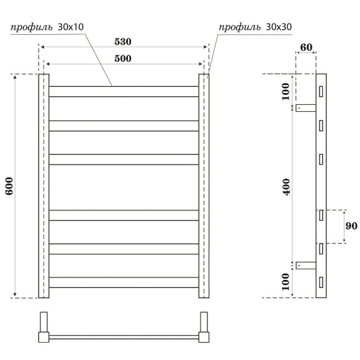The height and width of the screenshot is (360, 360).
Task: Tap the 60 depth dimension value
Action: click(305, 47)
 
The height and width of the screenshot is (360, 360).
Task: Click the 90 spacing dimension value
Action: click(351, 227)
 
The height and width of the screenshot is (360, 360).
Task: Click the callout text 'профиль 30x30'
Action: click(255, 27)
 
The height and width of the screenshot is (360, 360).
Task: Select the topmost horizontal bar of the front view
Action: click(124, 91)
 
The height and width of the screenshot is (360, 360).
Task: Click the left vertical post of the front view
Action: click(44, 186)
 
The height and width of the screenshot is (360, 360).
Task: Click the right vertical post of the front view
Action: click(204, 186)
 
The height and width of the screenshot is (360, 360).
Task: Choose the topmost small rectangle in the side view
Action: click(322, 91)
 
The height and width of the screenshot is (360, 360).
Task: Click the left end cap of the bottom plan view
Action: click(44, 328)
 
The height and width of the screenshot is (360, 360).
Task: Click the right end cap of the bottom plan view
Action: click(204, 328)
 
